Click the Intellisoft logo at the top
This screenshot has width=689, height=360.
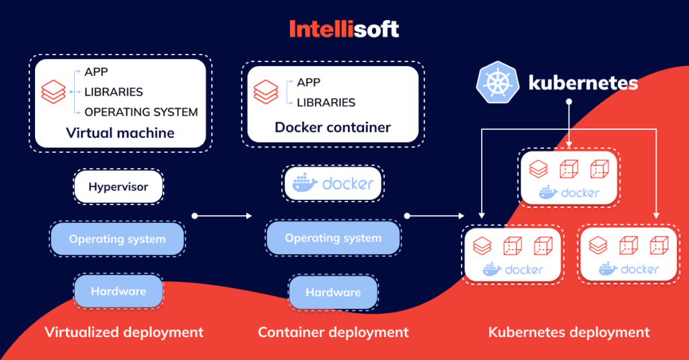[x=344, y=28]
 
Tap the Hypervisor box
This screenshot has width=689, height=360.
[x=118, y=186]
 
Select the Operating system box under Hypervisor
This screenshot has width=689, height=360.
[x=117, y=239]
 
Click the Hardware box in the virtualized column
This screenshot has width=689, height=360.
[x=118, y=291]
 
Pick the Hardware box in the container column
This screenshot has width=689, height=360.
[x=333, y=292]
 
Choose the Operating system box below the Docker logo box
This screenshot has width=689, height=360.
[x=333, y=238]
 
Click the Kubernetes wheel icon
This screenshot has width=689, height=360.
[x=497, y=84]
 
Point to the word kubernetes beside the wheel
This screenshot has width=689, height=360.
[x=583, y=83]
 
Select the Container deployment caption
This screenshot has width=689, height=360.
[x=333, y=332]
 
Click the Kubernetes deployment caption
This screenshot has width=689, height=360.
[x=569, y=332]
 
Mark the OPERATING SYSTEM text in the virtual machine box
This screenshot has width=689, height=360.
[x=141, y=112]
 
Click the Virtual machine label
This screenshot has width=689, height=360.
[x=120, y=133]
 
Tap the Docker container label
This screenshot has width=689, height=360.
[x=332, y=127]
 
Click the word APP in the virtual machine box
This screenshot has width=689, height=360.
[x=96, y=72]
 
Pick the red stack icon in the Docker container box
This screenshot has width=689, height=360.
[x=266, y=92]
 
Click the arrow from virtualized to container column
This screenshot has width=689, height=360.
[x=222, y=216]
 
